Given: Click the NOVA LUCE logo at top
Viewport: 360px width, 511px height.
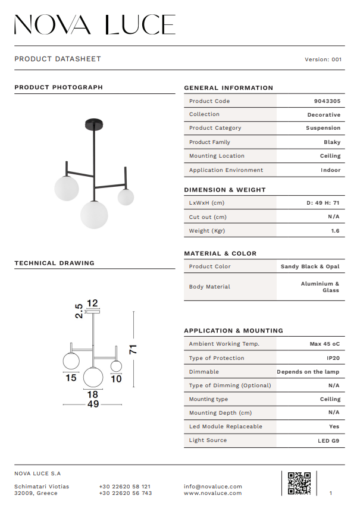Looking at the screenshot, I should [x=95, y=24].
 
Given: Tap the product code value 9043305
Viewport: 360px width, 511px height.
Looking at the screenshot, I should [x=327, y=101].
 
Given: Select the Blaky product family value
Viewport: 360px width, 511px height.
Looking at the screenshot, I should [x=332, y=142].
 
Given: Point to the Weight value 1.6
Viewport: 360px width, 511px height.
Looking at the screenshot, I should [x=335, y=231].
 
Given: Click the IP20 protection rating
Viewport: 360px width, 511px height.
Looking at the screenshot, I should [x=333, y=358].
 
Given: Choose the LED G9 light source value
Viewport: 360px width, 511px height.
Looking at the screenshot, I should [x=328, y=441].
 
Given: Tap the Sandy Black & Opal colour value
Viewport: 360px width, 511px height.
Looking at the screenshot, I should [x=310, y=267].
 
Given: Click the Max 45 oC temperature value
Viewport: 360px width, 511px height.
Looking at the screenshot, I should [x=324, y=344].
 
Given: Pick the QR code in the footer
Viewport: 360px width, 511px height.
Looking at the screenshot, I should [x=299, y=483].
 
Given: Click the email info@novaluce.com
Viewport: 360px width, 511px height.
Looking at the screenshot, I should [x=213, y=487].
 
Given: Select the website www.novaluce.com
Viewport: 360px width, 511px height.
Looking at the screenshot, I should [x=212, y=493].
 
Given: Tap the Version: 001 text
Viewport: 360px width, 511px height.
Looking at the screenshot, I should [x=323, y=59].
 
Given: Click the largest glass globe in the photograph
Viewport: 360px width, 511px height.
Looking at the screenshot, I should [x=94, y=214].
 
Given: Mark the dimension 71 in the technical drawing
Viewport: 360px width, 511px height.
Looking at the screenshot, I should [x=134, y=349].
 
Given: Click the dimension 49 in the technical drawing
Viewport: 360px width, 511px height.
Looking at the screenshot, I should [x=93, y=405].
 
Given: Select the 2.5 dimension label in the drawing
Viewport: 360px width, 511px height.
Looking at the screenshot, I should [x=79, y=312].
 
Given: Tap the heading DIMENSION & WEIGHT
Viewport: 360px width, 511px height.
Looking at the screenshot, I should [x=224, y=190].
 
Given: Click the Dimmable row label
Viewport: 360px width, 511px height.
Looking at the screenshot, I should [x=204, y=372].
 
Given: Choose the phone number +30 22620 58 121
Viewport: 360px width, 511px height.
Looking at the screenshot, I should [x=124, y=487].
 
